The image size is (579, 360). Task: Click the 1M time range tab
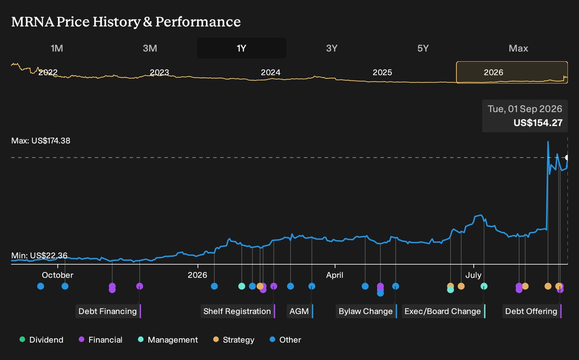57,48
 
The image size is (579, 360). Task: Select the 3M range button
150,48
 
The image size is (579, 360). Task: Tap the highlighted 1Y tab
241,48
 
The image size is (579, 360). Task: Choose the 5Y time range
423,48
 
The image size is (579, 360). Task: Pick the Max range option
518,48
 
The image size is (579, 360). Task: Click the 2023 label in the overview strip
160,72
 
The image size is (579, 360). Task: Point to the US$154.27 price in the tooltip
538,123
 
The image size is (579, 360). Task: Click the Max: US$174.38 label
41,141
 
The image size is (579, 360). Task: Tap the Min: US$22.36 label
39,256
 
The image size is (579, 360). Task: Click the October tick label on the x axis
57,275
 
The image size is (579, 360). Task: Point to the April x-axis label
335,275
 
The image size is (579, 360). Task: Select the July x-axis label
474,275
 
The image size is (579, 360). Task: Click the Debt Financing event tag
108,311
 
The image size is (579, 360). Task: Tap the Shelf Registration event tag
238,311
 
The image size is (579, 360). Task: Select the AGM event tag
300,311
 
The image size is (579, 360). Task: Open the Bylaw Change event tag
366,311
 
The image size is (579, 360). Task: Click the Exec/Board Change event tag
443,311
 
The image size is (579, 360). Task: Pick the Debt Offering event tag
532,311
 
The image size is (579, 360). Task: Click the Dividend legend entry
42,340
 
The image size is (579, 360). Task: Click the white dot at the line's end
567,157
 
